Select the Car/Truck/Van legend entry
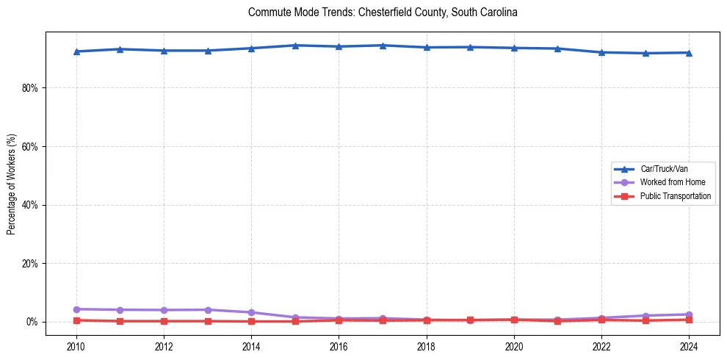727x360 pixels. tap(664, 169)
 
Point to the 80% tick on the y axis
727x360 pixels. tap(30, 87)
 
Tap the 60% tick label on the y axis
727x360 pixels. tap(30, 146)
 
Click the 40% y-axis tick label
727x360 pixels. tap(30, 205)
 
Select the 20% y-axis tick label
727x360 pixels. tap(30, 263)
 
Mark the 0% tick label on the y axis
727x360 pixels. tap(32, 322)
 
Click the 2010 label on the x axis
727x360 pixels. tap(76, 346)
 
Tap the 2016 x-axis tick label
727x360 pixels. tap(339, 346)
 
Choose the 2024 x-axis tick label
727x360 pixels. tap(689, 346)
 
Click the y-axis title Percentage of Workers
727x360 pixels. tap(12, 184)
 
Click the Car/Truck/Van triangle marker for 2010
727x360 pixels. tap(76, 51)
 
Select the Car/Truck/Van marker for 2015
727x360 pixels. tap(295, 46)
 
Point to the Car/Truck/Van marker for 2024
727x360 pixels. tap(689, 52)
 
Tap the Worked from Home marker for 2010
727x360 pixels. tap(76, 309)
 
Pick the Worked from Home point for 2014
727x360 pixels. tap(251, 312)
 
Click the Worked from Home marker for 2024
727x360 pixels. tap(689, 314)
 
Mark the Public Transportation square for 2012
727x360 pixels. tap(164, 321)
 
